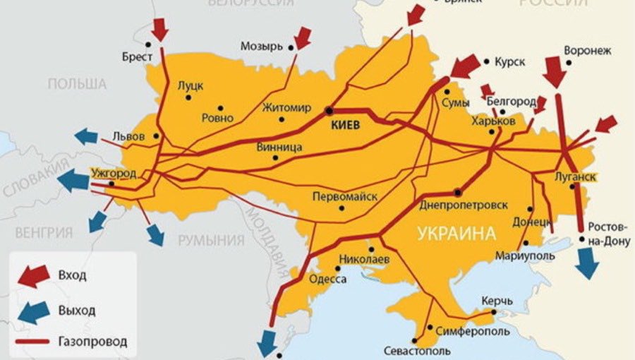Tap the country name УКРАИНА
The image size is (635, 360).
click(x=456, y=233)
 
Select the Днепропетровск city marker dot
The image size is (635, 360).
click(x=459, y=191)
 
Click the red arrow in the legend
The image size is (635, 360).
click(x=33, y=275)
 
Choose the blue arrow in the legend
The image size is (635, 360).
click(x=33, y=310)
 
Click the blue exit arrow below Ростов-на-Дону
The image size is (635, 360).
click(x=586, y=265)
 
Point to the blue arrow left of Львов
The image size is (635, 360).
click(x=86, y=136)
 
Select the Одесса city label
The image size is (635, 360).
click(x=329, y=280)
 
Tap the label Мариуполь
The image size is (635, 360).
click(x=525, y=254)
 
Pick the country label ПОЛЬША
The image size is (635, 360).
click(x=77, y=84)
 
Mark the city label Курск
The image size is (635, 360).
click(x=509, y=62)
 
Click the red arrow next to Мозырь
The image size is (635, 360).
click(x=303, y=37)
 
